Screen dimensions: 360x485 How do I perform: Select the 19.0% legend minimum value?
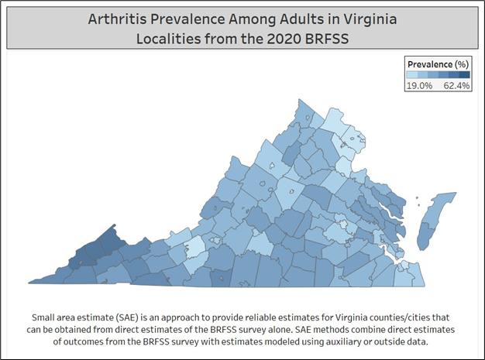[x=419, y=86]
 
